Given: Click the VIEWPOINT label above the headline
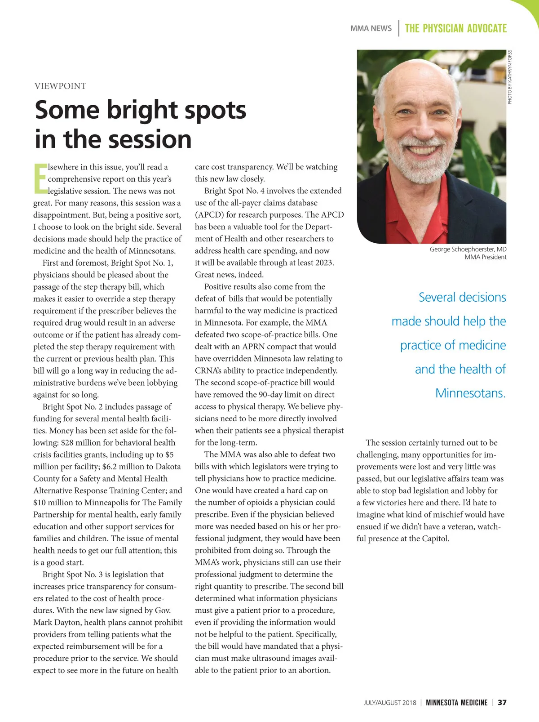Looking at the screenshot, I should pyautogui.click(x=60, y=86).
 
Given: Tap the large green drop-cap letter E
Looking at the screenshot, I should pyautogui.click(x=40, y=178).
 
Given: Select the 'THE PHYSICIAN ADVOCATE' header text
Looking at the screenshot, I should pyautogui.click(x=455, y=28).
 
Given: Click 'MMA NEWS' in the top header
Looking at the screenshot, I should pyautogui.click(x=371, y=28).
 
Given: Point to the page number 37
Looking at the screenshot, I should pyautogui.click(x=502, y=702).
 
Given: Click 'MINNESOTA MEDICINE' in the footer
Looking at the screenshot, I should pyautogui.click(x=456, y=702).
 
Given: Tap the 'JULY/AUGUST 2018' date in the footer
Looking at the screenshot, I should pyautogui.click(x=390, y=703).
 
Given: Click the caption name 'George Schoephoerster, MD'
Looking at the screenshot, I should pyautogui.click(x=468, y=249).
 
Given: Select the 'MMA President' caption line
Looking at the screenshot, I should pyautogui.click(x=485, y=257).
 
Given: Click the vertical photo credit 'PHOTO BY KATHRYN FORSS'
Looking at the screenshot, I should pyautogui.click(x=510, y=77).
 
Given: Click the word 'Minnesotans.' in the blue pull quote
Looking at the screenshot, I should pyautogui.click(x=470, y=393).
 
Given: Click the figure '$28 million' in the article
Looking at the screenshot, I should pyautogui.click(x=81, y=443).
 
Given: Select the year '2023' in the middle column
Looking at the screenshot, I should pyautogui.click(x=324, y=263).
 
